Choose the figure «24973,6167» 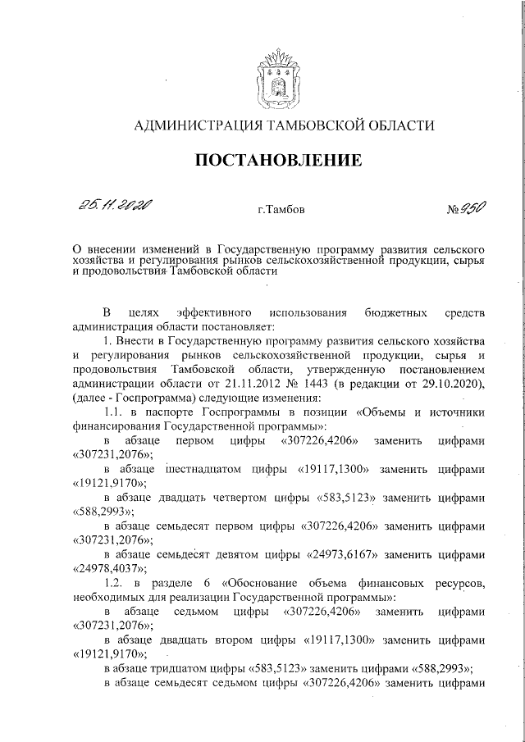345,552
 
